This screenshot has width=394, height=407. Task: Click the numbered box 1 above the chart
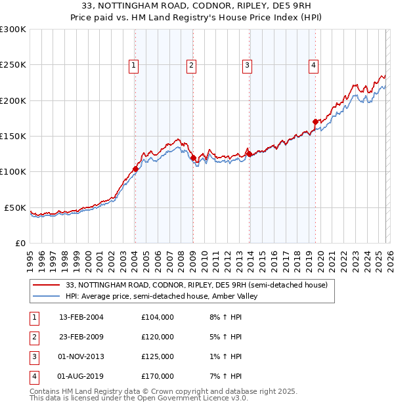coord(133,65)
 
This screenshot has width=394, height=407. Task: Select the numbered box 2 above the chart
coord(190,65)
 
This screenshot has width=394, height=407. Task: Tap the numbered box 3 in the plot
coord(248,65)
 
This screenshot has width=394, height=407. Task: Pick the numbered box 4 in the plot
coord(314,65)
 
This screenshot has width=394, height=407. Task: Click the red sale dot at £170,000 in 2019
coord(315,121)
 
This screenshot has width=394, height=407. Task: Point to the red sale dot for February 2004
coord(135,169)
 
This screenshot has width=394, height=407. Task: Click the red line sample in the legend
coord(47,285)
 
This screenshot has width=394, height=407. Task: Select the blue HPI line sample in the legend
coord(47,296)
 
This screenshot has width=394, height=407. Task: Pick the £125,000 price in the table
coord(158,356)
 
